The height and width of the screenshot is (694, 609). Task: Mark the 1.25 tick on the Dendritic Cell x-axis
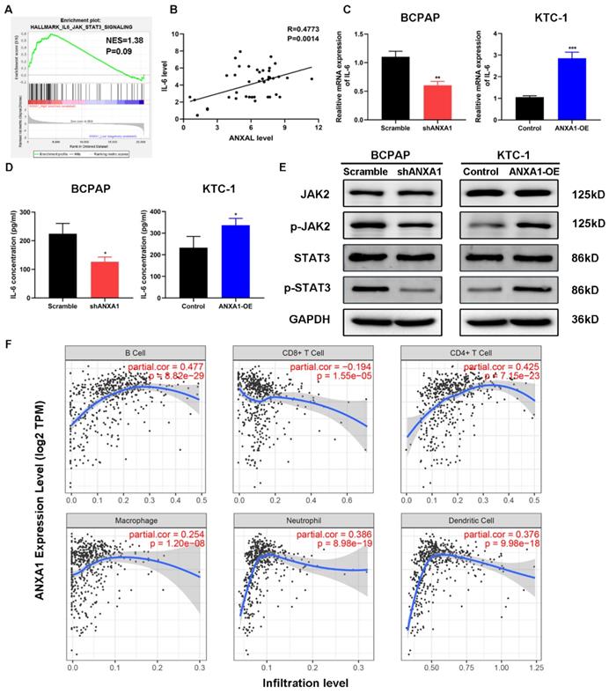(x=561, y=668)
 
